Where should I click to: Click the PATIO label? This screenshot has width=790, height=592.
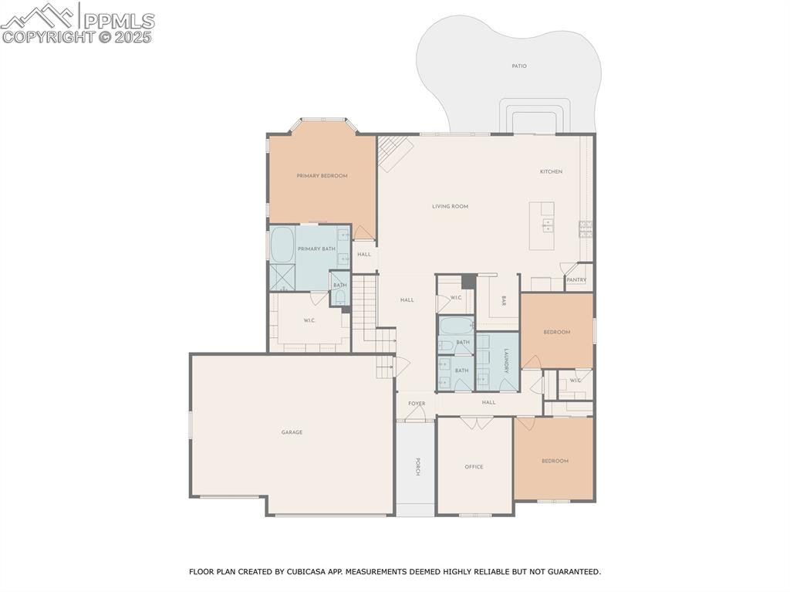tap(519, 66)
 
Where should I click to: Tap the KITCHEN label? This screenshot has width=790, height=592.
tap(551, 171)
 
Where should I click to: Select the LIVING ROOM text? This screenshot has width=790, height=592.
tap(450, 206)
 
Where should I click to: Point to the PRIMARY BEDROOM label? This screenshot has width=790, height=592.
tap(322, 176)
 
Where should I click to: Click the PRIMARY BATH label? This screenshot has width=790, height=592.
tap(316, 249)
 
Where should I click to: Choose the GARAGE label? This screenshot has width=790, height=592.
tap(292, 432)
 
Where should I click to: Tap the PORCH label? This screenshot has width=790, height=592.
tap(417, 468)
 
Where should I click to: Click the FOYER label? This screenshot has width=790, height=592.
tap(417, 404)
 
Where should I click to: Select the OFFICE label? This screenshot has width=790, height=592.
tap(474, 467)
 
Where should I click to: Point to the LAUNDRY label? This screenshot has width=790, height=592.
tap(506, 361)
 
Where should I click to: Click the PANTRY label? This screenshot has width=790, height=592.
tap(576, 279)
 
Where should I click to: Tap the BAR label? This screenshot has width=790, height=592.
tap(504, 300)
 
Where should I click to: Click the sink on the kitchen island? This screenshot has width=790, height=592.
tap(548, 226)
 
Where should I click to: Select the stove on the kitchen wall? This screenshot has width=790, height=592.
tap(586, 226)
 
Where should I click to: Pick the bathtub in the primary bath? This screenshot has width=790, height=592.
tap(282, 245)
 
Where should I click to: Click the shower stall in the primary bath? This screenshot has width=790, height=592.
tap(282, 276)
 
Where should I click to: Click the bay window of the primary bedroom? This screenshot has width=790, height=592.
tap(322, 120)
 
